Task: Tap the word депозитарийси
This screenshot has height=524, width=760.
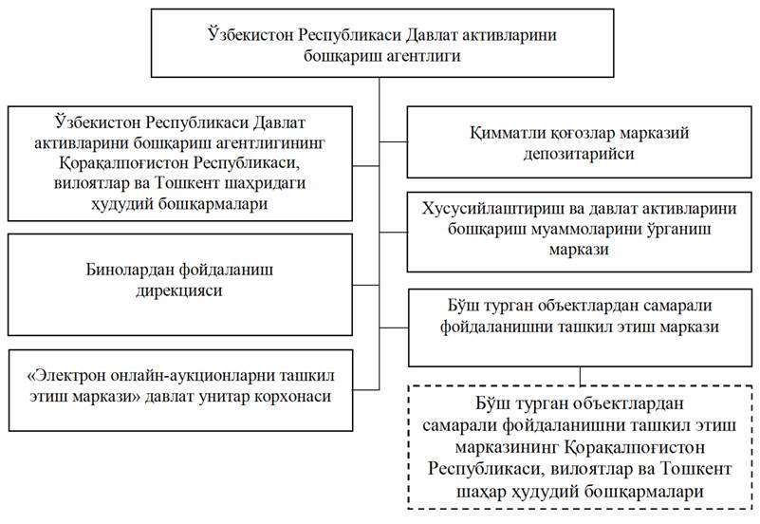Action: tap(579, 154)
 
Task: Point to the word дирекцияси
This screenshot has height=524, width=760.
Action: tap(179, 290)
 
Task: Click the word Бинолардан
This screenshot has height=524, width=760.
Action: tap(128, 269)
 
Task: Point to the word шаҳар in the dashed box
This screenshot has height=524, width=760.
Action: tap(482, 492)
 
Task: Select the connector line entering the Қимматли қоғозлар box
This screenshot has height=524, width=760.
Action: tap(393, 142)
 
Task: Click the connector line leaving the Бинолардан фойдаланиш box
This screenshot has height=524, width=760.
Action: tap(366, 285)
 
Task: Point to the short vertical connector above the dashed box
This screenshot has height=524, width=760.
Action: tap(580, 376)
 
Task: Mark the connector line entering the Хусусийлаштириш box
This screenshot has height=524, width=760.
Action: tap(393, 233)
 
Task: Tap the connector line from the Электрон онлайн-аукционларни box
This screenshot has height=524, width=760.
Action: tap(366, 389)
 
